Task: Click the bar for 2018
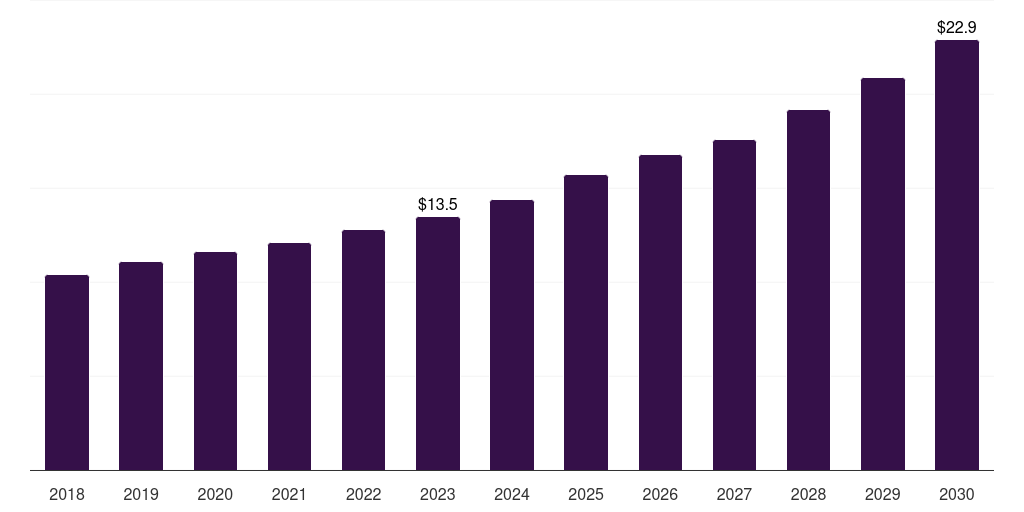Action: tap(67, 372)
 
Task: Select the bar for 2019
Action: tap(141, 366)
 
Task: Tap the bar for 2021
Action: tap(289, 356)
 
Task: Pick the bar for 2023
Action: tap(438, 343)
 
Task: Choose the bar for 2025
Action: tap(586, 322)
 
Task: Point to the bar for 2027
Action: tap(734, 305)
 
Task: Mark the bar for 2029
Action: tap(883, 274)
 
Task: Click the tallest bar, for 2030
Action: tap(957, 255)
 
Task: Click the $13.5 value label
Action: tap(438, 204)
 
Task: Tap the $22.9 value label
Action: tap(957, 27)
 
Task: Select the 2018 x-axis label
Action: tap(67, 494)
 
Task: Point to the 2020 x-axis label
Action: tap(215, 494)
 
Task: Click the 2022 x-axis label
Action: tap(364, 494)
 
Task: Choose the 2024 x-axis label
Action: tap(512, 494)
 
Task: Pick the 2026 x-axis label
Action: tap(660, 494)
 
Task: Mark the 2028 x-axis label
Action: tap(808, 494)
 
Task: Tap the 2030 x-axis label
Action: tap(957, 494)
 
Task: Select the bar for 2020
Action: tap(215, 361)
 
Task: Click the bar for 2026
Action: tap(660, 312)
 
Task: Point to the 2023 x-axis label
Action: tap(438, 494)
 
